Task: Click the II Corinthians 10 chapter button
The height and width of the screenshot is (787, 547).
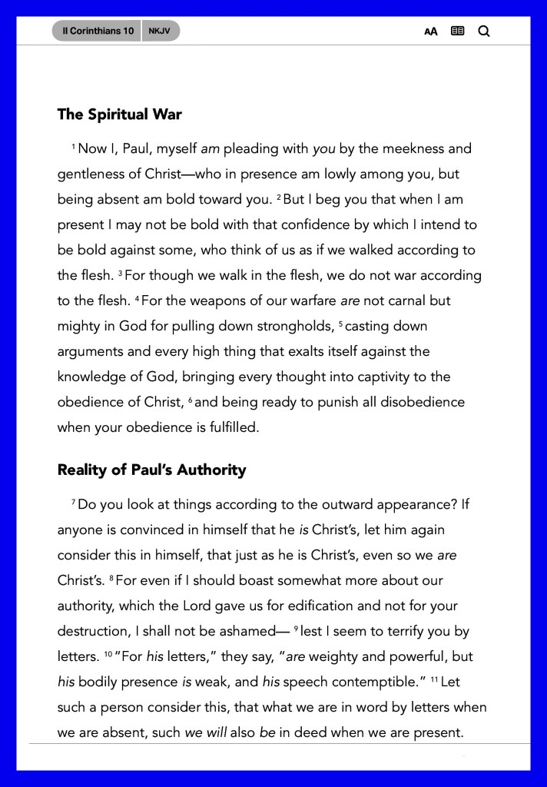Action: pos(97,31)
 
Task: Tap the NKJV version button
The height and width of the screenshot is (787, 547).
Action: pos(161,31)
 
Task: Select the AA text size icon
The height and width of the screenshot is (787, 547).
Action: pos(431,32)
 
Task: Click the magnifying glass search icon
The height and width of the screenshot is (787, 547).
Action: pos(484,31)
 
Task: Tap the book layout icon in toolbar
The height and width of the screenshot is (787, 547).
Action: pos(458,31)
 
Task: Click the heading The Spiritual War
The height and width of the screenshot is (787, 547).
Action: pos(119,115)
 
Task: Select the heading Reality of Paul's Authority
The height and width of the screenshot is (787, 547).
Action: pos(151,470)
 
